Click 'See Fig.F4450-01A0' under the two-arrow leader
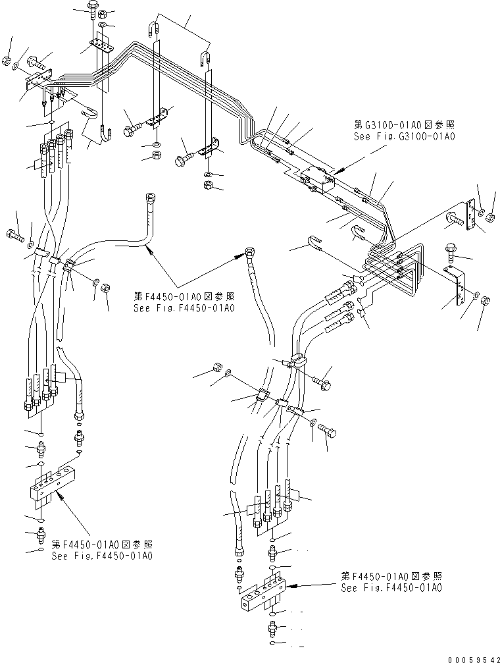click(x=184, y=307)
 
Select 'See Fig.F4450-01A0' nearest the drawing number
click(x=391, y=587)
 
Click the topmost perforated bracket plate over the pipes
click(x=99, y=47)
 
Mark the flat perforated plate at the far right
click(x=468, y=219)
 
